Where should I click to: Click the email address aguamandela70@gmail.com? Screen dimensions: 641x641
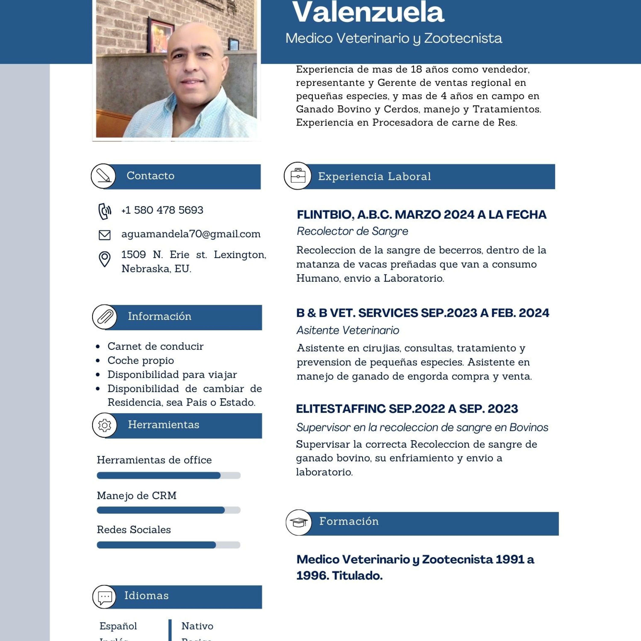click(191, 234)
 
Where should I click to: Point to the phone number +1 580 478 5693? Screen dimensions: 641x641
click(162, 210)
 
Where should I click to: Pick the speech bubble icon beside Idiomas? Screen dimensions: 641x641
click(104, 597)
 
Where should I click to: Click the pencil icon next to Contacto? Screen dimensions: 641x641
click(103, 176)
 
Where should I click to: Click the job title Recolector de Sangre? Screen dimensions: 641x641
click(352, 231)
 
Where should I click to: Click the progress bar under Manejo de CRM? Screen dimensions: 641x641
click(169, 510)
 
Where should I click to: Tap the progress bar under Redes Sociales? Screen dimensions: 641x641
click(169, 545)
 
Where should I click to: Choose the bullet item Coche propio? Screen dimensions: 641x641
click(141, 360)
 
